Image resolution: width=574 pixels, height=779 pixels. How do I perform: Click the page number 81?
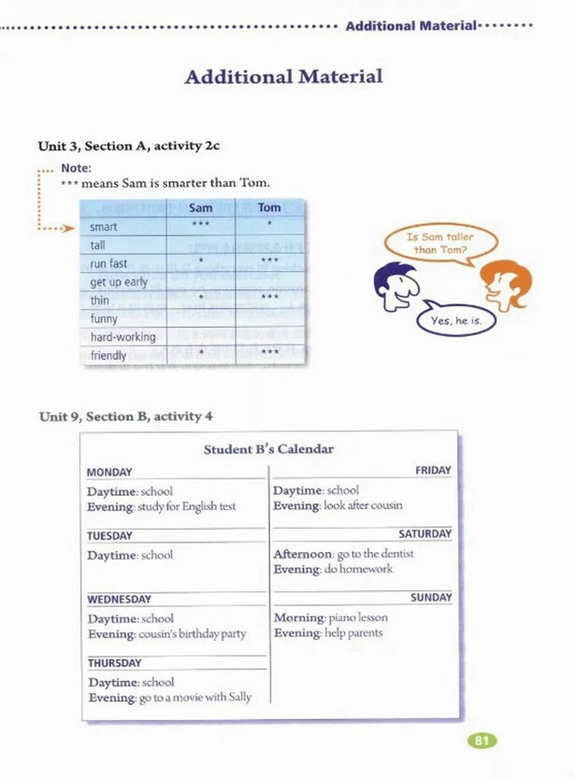click(x=481, y=741)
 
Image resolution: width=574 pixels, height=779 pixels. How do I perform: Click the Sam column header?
click(x=200, y=207)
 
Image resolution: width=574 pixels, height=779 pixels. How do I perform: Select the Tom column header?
click(x=269, y=207)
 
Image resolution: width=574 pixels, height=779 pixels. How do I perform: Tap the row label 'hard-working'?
click(x=122, y=336)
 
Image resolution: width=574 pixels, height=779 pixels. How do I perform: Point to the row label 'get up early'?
click(x=119, y=282)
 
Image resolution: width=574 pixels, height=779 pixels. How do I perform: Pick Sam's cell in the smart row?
click(x=200, y=226)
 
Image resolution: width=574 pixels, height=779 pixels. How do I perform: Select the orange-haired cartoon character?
click(x=505, y=284)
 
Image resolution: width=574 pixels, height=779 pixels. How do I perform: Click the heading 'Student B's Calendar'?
click(x=268, y=449)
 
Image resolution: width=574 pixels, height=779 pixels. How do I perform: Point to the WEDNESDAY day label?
click(x=119, y=599)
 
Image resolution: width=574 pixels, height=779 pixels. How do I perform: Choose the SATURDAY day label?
click(x=424, y=534)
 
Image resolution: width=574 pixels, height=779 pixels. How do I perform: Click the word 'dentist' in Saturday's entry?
click(x=396, y=554)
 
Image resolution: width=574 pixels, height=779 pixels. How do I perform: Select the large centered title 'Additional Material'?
click(x=283, y=77)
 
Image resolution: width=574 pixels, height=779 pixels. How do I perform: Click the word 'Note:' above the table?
click(x=76, y=168)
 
